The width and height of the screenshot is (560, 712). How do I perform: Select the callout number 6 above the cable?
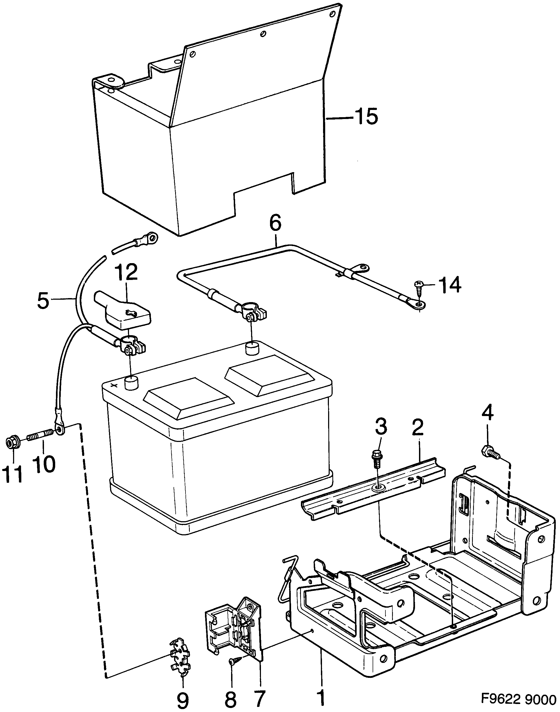point(275,224)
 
